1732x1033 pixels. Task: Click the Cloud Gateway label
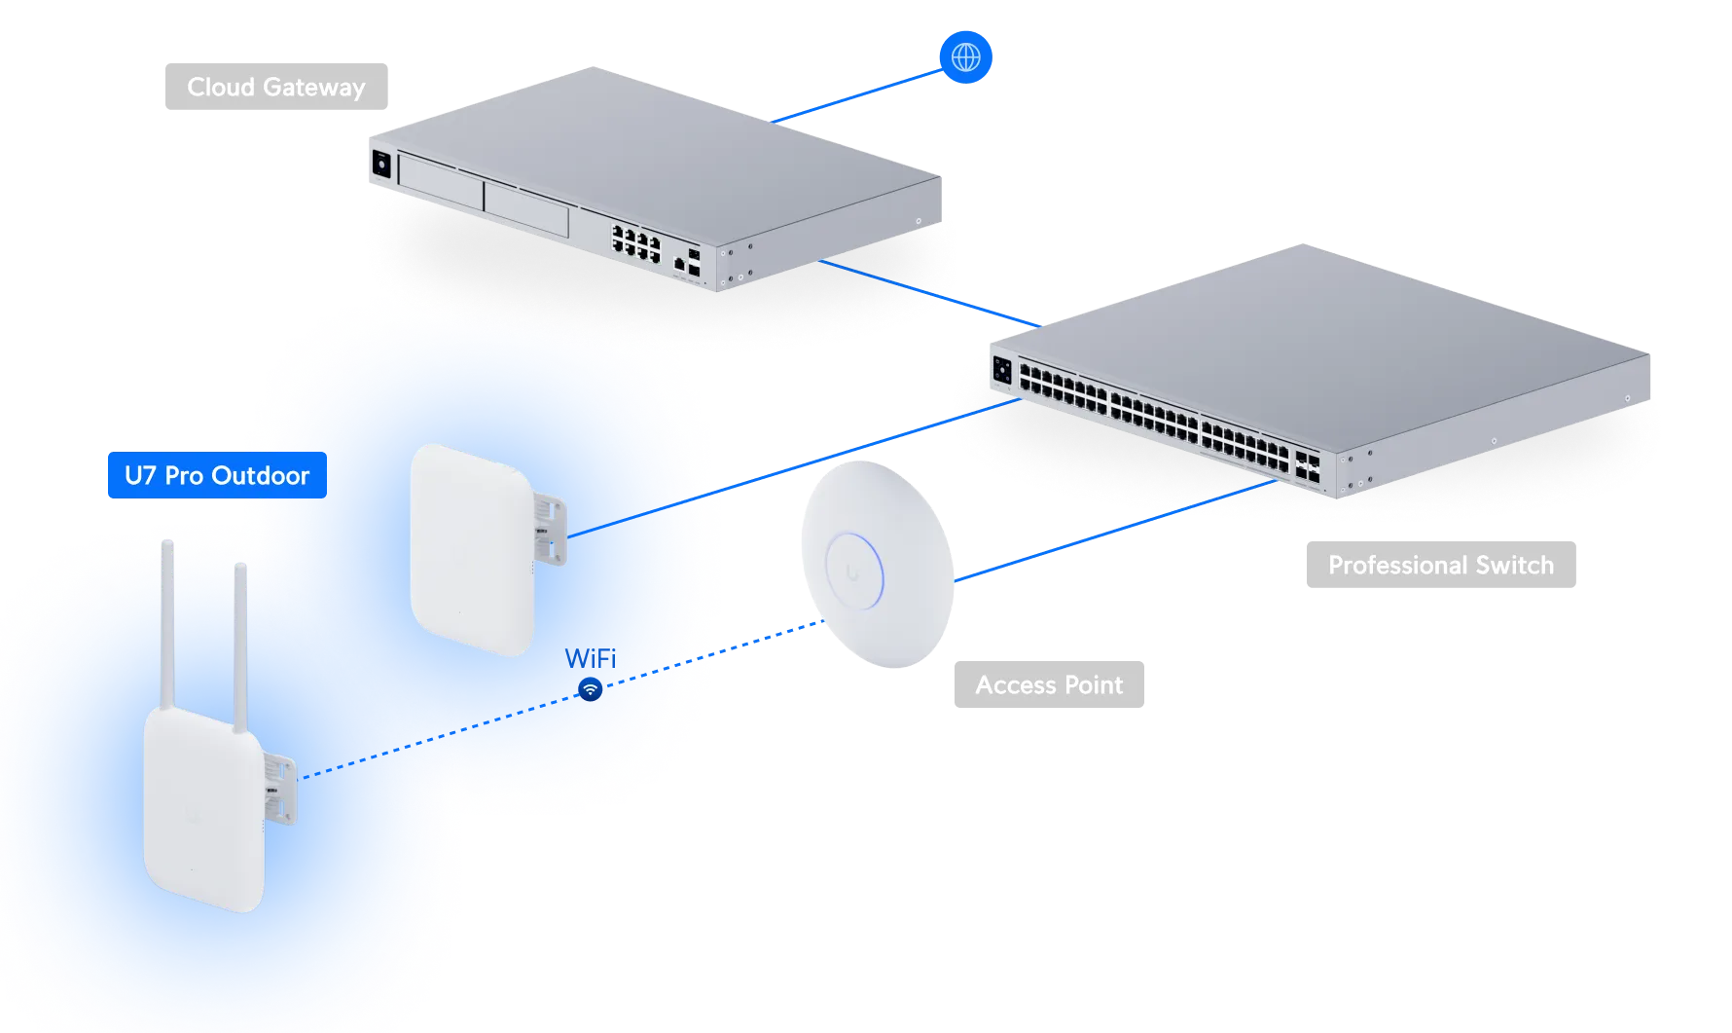275,89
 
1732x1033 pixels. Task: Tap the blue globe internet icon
965,56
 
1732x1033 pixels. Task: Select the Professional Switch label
1439,565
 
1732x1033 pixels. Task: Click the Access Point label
1047,684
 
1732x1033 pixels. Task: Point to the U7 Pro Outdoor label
216,475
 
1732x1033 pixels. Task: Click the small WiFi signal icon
590,689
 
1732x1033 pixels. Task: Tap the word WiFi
591,659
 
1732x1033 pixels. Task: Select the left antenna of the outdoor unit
167,623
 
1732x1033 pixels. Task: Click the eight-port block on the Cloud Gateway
636,240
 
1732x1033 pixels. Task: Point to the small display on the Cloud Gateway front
380,165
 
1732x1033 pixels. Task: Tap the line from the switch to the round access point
1119,531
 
